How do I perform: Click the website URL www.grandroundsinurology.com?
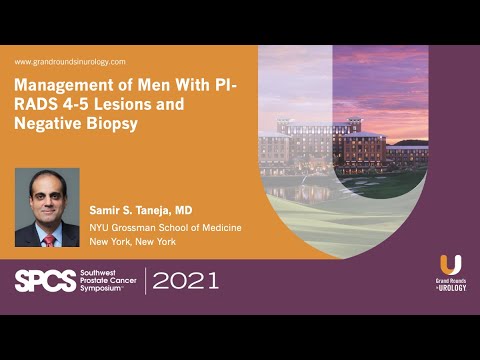[70, 62]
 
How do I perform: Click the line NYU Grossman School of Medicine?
[165, 228]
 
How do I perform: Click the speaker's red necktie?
[48, 241]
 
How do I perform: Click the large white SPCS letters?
[45, 281]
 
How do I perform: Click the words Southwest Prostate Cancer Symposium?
[108, 281]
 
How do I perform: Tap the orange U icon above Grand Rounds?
[450, 265]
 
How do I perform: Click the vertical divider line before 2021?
[146, 281]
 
